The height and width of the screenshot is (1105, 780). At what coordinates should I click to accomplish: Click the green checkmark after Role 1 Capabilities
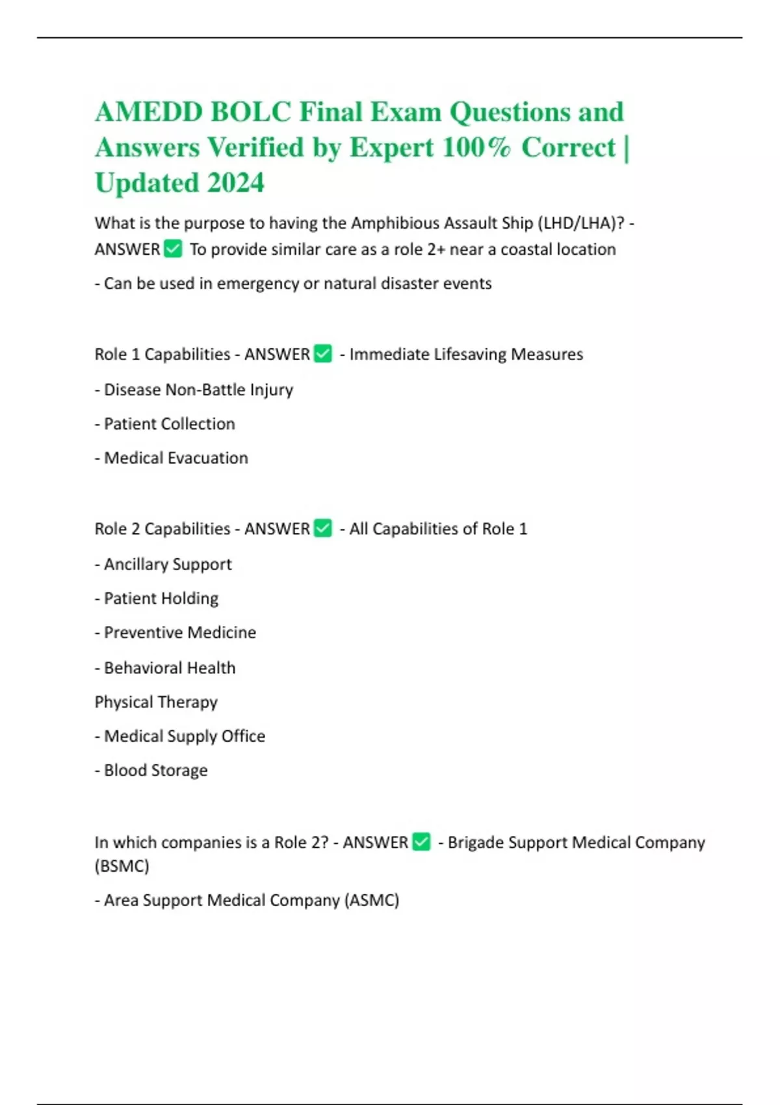[x=323, y=354]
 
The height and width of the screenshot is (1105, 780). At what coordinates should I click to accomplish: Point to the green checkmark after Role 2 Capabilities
[x=323, y=528]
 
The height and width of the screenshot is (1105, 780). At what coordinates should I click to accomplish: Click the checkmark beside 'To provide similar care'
[x=173, y=249]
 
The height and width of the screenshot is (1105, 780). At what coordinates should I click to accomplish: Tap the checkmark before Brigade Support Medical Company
[x=421, y=842]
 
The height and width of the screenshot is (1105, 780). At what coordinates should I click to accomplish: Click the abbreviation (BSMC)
[x=122, y=866]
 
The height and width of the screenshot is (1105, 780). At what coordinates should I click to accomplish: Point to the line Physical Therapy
[x=156, y=702]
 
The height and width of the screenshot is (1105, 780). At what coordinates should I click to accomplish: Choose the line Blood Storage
[x=155, y=770]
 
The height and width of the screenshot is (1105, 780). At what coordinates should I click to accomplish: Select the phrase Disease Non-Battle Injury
[x=198, y=389]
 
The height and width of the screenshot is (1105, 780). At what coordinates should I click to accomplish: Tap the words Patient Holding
[x=161, y=598]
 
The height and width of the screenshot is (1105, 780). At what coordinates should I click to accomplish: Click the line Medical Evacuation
[x=175, y=458]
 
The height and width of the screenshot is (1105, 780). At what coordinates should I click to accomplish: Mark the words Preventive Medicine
[x=180, y=632]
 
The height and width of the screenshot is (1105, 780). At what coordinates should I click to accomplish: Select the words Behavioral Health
[x=170, y=668]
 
